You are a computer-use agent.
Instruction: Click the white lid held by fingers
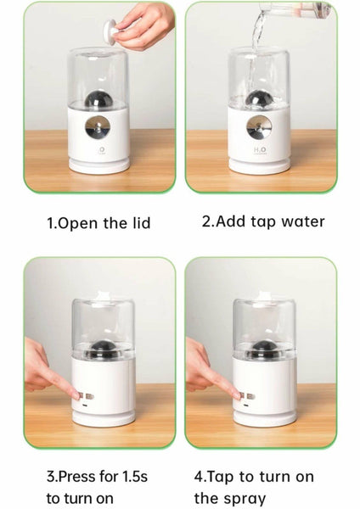click(110, 32)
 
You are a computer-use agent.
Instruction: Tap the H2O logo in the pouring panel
click(260, 149)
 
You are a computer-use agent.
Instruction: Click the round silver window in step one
click(98, 126)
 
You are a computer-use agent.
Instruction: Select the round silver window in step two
click(259, 126)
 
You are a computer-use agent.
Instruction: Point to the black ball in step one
click(98, 99)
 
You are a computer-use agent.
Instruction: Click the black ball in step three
click(103, 349)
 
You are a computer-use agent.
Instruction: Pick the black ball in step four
click(264, 350)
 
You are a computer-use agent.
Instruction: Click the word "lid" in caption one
click(141, 223)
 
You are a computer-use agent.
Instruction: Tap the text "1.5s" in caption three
click(135, 477)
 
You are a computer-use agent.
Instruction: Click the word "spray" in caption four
click(246, 499)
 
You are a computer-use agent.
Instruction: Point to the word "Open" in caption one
click(77, 224)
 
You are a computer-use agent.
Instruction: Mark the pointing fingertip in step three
click(76, 395)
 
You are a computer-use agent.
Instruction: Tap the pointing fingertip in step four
click(238, 395)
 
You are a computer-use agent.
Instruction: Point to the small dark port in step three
click(85, 406)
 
